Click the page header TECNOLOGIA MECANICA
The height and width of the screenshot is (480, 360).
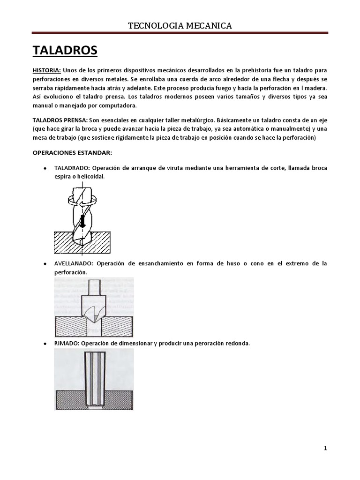click(180, 25)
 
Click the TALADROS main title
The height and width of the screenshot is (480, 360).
click(65, 50)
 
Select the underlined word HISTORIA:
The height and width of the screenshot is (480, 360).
click(46, 70)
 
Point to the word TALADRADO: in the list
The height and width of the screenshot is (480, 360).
click(72, 168)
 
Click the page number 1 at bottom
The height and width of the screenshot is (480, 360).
click(325, 448)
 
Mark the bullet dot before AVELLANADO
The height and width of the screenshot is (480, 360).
click(44, 264)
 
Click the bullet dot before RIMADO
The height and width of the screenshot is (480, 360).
click(44, 344)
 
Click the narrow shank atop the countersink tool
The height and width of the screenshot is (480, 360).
click(94, 287)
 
